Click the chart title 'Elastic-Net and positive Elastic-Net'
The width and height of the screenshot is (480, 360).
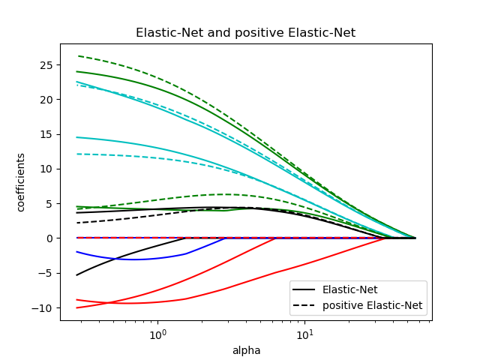tap(245, 33)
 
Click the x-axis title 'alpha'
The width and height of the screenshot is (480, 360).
tap(245, 350)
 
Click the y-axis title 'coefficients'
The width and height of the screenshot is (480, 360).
tap(21, 182)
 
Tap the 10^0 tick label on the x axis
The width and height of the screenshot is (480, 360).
tap(157, 332)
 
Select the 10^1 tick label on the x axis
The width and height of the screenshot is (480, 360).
tap(304, 332)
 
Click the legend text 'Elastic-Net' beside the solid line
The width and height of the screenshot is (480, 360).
tap(349, 290)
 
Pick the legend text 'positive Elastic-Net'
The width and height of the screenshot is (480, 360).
tap(372, 305)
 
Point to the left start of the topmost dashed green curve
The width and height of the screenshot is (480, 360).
tap(78, 55)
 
